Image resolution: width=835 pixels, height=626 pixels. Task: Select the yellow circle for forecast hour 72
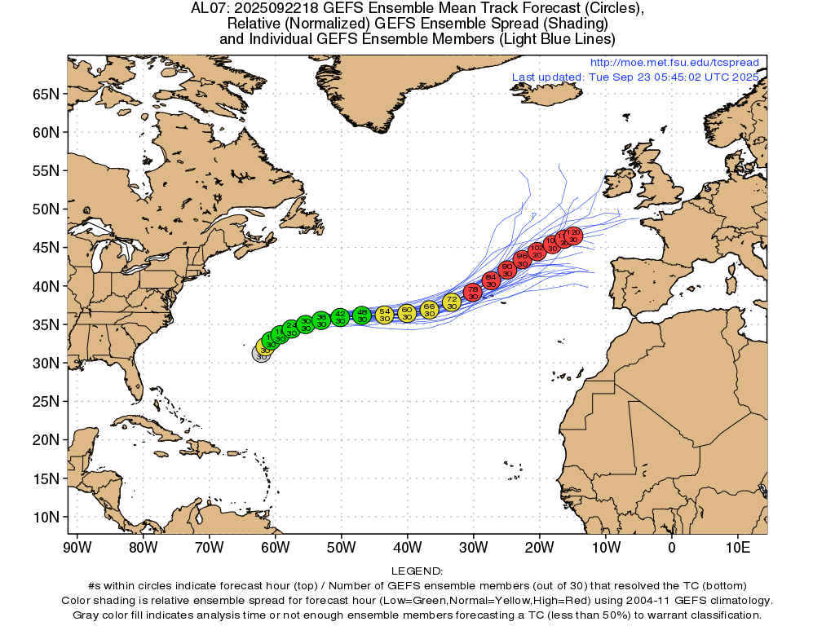point(452,302)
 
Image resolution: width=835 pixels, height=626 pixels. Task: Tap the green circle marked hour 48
point(362,315)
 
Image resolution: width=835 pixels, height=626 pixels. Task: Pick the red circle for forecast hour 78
point(473,292)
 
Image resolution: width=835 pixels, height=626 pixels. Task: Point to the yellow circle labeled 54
point(384,315)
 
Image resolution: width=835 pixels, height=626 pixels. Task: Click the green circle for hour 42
point(341,317)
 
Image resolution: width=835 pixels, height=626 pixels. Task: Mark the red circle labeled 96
point(523,259)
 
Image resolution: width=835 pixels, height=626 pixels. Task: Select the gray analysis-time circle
point(261,355)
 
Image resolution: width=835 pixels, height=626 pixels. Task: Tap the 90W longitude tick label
point(77,546)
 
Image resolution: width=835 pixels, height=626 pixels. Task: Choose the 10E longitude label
point(738,546)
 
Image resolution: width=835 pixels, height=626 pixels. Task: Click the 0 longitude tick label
point(672,546)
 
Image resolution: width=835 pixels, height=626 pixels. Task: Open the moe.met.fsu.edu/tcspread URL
point(674,63)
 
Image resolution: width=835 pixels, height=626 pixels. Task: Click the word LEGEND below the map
point(417,571)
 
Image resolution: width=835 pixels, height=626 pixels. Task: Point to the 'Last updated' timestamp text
point(635,77)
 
